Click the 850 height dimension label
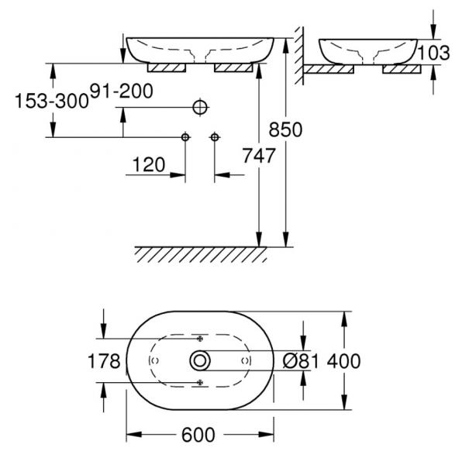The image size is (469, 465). pyautogui.click(x=285, y=129)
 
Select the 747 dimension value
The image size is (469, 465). pyautogui.click(x=259, y=156)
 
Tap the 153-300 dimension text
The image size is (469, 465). pyautogui.click(x=52, y=101)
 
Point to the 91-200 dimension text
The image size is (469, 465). pyautogui.click(x=122, y=91)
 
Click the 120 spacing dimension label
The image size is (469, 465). pyautogui.click(x=149, y=164)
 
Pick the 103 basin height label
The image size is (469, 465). pyautogui.click(x=433, y=53)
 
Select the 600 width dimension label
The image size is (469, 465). pyautogui.click(x=198, y=435)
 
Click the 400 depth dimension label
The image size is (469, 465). pyautogui.click(x=343, y=361)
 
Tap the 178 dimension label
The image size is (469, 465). pyautogui.click(x=104, y=361)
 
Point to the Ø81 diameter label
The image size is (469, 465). pyautogui.click(x=301, y=361)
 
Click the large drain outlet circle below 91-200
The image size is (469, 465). pyautogui.click(x=200, y=107)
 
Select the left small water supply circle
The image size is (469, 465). pyautogui.click(x=185, y=137)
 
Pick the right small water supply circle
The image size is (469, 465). pyautogui.click(x=215, y=137)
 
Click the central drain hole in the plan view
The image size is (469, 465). pyautogui.click(x=200, y=361)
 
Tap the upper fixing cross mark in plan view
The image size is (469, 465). pyautogui.click(x=200, y=339)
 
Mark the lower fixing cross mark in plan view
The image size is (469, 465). pyautogui.click(x=200, y=382)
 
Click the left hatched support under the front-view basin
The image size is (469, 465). pyautogui.click(x=167, y=68)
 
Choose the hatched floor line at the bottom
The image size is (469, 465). pyautogui.click(x=201, y=254)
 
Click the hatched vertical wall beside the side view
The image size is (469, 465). pyautogui.click(x=299, y=55)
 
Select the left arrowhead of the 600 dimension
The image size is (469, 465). pyautogui.click(x=133, y=435)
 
